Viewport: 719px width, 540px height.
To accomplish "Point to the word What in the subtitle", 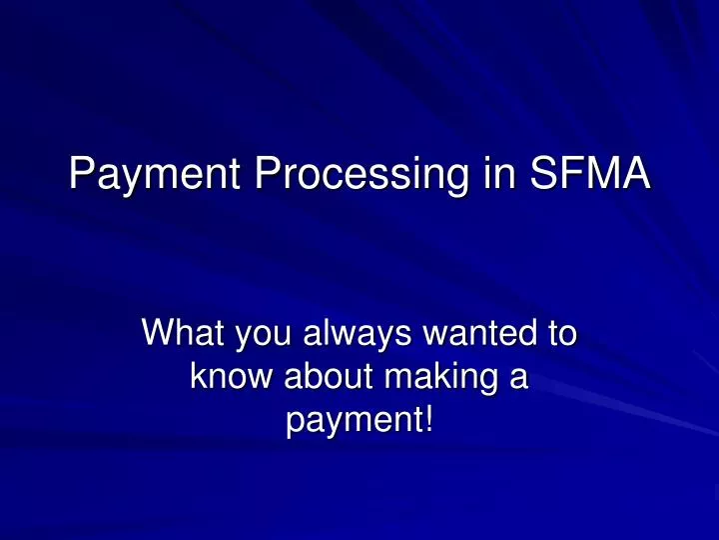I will click(x=184, y=332).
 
